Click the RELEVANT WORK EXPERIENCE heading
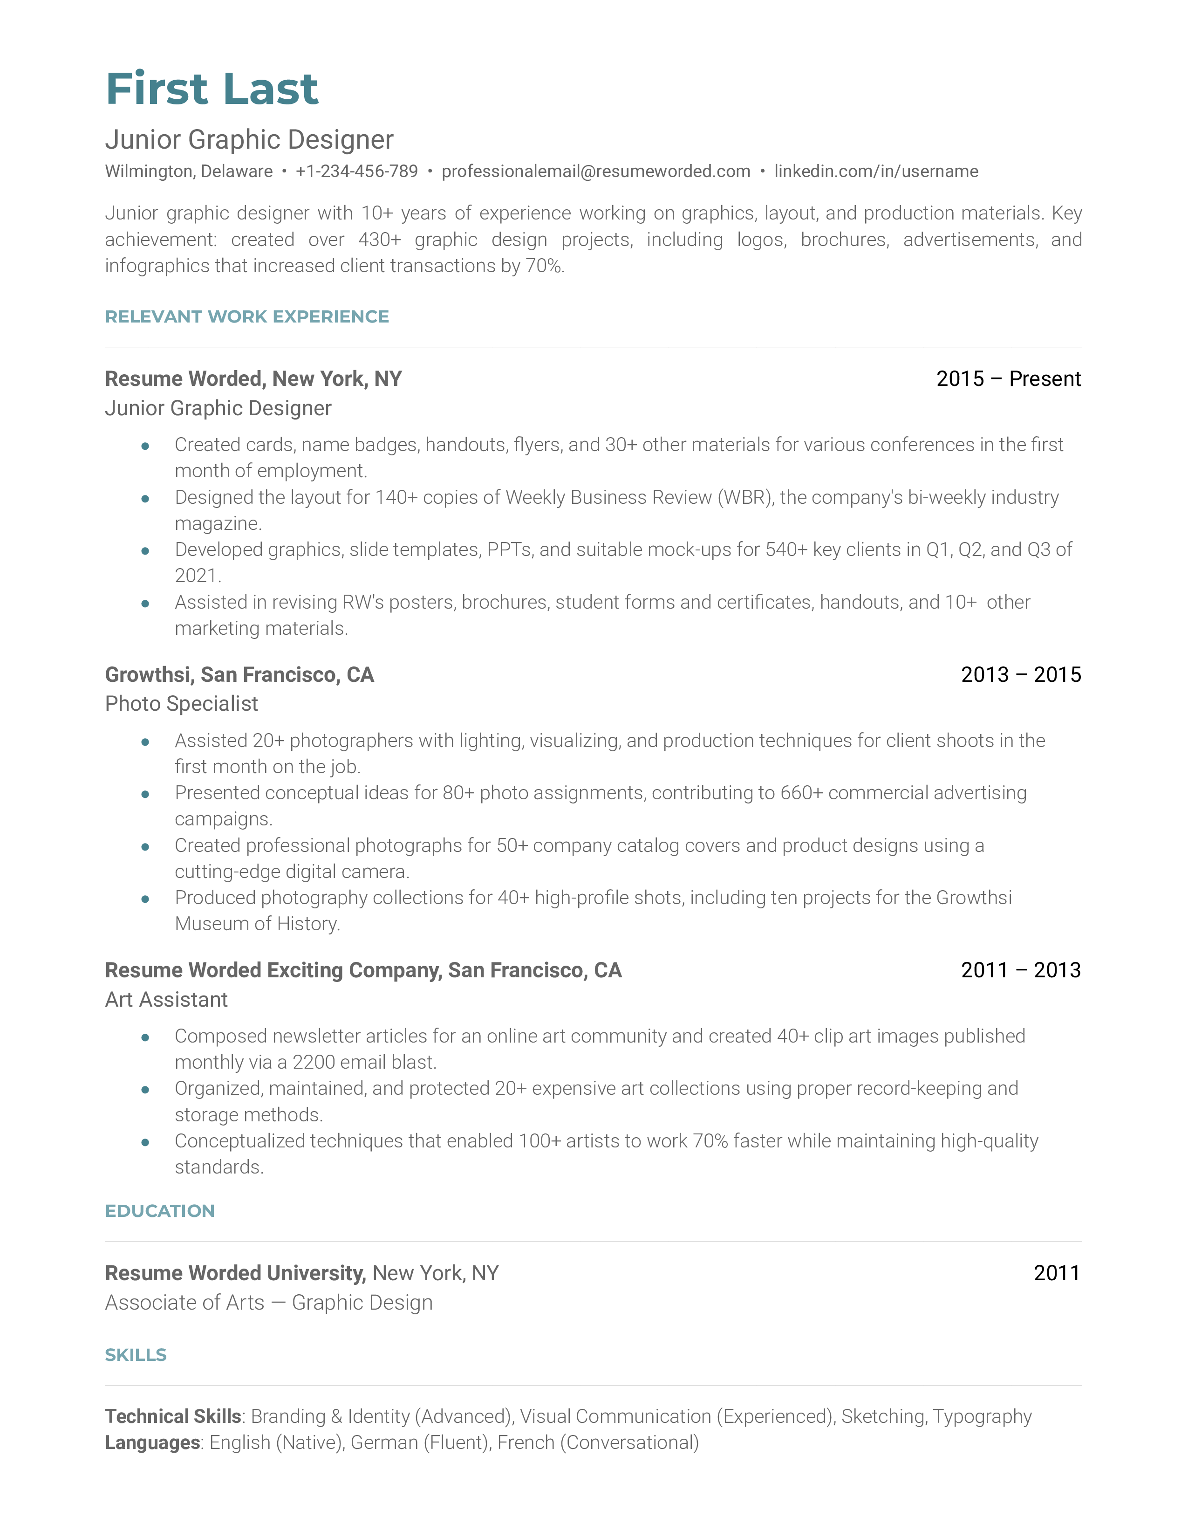tap(246, 317)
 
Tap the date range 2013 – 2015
tap(1020, 675)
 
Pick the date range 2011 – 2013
tap(1020, 970)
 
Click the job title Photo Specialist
tap(182, 704)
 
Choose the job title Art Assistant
tap(166, 1000)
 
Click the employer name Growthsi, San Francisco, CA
tap(239, 675)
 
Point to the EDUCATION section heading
tap(160, 1211)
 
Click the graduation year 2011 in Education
tap(1057, 1273)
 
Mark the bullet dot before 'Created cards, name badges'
tap(145, 446)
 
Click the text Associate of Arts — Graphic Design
tap(269, 1303)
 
